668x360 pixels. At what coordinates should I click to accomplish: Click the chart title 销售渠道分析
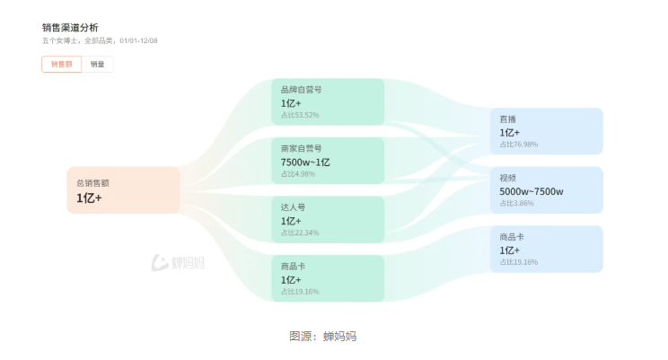[70, 28]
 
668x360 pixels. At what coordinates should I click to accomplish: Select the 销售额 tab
[61, 65]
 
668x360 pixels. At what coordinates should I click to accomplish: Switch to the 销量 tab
[97, 65]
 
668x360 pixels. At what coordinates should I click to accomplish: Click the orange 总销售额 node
[123, 190]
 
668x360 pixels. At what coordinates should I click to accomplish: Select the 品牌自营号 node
[328, 101]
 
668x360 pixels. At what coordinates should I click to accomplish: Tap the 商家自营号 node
[328, 161]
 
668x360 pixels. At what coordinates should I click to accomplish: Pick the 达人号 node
[328, 219]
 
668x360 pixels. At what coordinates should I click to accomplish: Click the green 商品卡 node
[328, 278]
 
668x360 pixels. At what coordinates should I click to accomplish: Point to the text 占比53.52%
[300, 115]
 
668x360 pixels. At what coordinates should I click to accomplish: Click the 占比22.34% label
[300, 233]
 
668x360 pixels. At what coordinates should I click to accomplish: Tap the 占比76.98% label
[519, 145]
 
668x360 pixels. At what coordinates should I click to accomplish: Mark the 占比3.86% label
[517, 204]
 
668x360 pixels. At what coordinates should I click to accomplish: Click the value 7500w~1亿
[305, 162]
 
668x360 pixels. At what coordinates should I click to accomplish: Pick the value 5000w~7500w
[532, 191]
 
